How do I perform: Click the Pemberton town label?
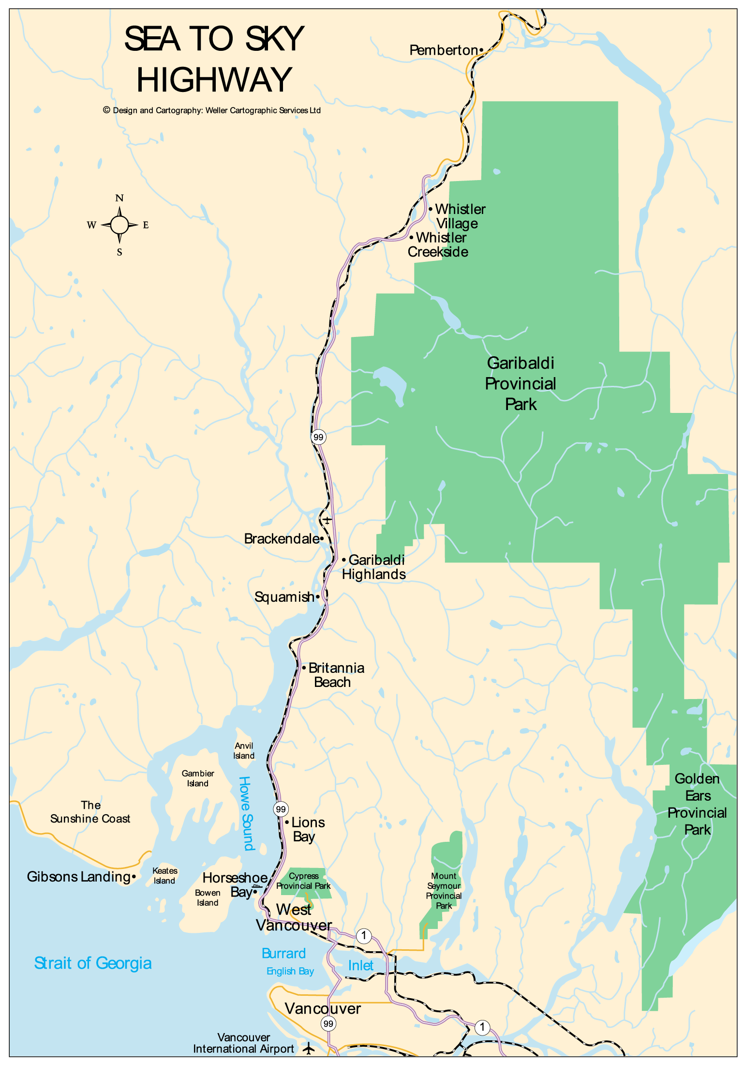tap(444, 50)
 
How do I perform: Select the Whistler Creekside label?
tap(438, 245)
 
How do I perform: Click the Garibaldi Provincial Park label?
tap(521, 383)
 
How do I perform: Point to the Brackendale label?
tap(281, 539)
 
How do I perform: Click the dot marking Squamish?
tap(318, 597)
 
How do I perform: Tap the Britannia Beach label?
tap(336, 675)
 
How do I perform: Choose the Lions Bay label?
tap(307, 829)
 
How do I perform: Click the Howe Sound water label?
tap(246, 813)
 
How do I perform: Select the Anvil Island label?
tap(244, 751)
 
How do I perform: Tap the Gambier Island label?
tap(198, 778)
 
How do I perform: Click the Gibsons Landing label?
tap(78, 877)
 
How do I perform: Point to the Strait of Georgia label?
tap(93, 963)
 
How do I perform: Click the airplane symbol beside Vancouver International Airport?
tap(309, 1049)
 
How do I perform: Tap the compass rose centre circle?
tap(119, 225)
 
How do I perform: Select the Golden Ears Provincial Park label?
tap(697, 804)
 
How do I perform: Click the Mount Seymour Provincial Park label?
tap(444, 891)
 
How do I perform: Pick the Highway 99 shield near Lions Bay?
tap(281, 809)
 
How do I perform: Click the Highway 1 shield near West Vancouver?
tap(364, 936)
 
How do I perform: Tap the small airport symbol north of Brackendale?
tap(328, 520)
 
